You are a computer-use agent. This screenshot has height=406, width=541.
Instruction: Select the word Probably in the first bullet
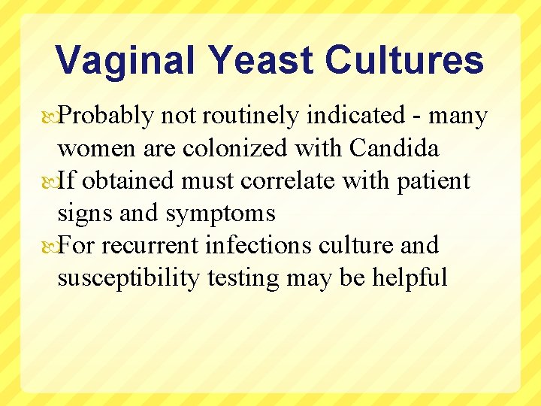(x=107, y=117)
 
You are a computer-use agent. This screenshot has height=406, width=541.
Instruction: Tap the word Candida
(x=394, y=149)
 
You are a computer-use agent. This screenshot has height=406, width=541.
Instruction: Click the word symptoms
(x=221, y=214)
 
